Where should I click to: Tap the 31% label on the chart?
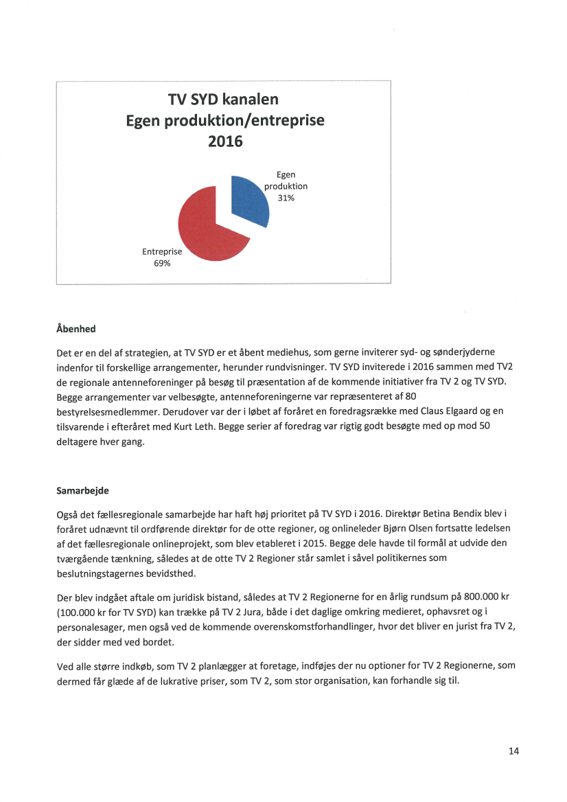[x=286, y=198]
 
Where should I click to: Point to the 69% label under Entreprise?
[x=161, y=264]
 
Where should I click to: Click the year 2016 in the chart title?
[x=225, y=142]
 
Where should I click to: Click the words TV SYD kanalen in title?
[x=223, y=100]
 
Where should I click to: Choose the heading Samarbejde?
[x=82, y=491]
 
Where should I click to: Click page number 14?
[x=513, y=751]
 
